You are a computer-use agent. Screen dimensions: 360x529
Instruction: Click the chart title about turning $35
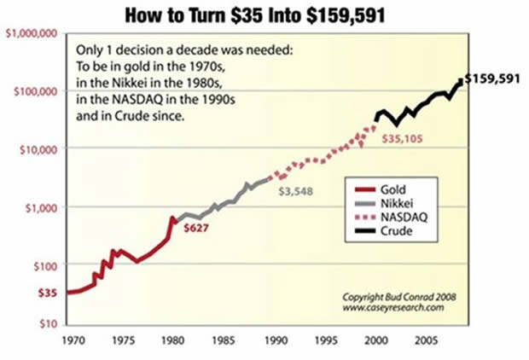click(x=265, y=15)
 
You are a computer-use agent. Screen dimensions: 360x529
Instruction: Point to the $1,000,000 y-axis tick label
click(x=31, y=33)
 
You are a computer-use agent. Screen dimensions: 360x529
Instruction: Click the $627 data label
click(x=194, y=229)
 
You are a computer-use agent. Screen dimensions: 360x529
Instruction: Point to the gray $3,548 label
click(x=296, y=191)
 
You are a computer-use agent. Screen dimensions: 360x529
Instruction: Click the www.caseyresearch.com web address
click(x=393, y=307)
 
